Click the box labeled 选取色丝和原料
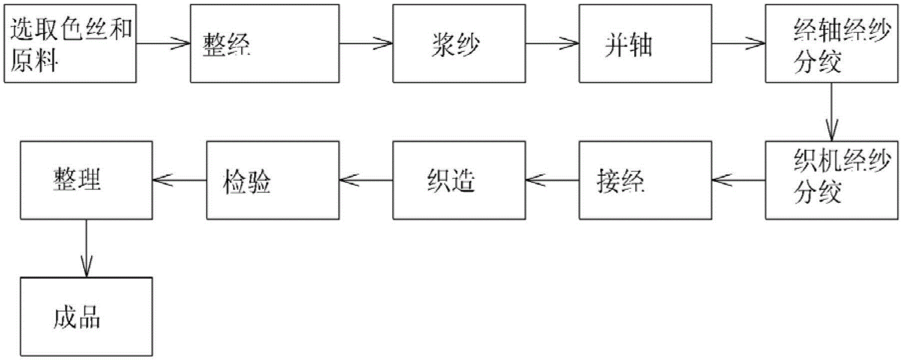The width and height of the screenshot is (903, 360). (70, 43)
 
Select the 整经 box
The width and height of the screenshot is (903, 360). (264, 43)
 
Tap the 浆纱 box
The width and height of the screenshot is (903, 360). (458, 43)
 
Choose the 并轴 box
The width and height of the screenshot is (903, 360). (645, 43)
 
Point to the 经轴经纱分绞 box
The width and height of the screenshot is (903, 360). (831, 43)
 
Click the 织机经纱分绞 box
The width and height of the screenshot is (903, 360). (831, 180)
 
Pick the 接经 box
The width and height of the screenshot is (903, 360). (645, 180)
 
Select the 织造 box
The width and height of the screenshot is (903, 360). (458, 180)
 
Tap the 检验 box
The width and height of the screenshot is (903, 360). (272, 180)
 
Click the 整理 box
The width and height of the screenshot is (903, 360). (86, 180)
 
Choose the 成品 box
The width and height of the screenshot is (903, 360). (86, 316)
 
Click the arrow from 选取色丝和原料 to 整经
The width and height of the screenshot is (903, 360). (163, 43)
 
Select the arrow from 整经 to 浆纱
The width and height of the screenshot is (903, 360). (366, 43)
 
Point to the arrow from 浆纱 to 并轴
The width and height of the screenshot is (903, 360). (552, 43)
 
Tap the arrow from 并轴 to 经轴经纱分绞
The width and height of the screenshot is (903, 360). (738, 43)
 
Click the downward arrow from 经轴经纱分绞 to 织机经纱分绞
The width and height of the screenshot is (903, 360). (831, 111)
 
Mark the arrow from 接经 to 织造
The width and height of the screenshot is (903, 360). (552, 180)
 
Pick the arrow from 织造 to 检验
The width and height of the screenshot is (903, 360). (366, 180)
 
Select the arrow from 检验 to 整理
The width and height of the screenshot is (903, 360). (179, 180)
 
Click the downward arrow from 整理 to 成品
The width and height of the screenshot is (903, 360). (86, 248)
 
